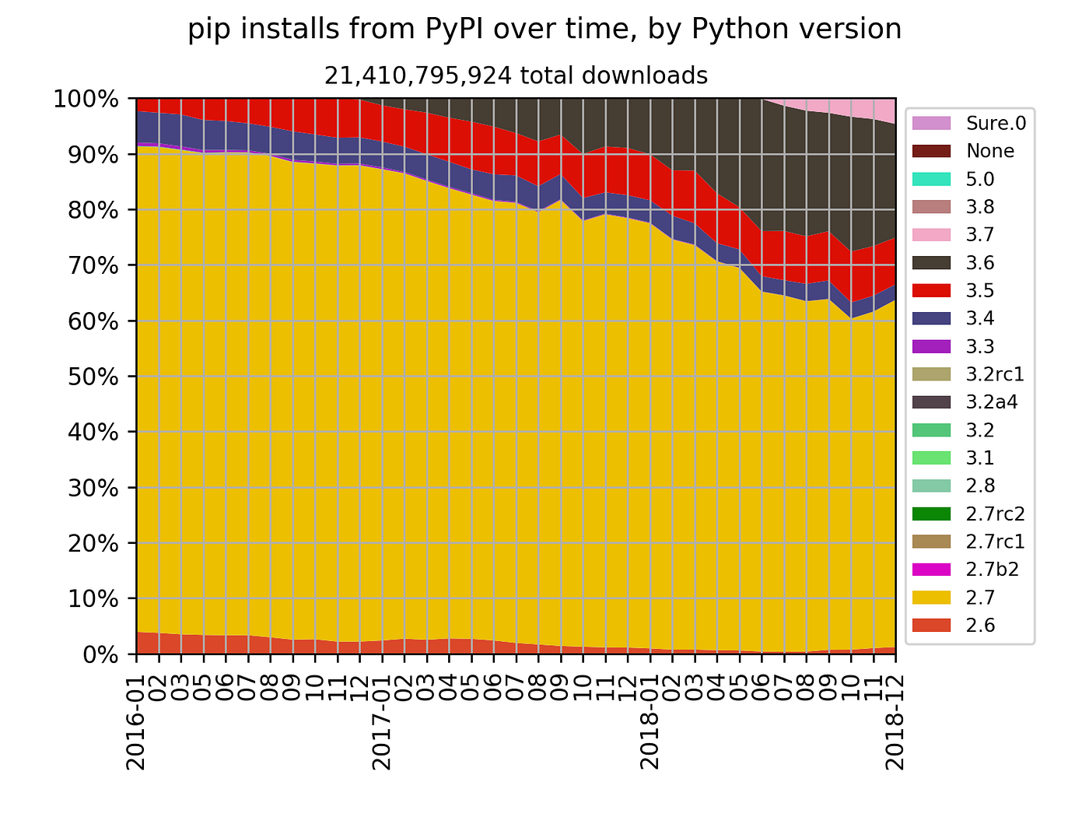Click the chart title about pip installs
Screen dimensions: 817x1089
(544, 30)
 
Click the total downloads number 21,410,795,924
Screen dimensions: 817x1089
(418, 75)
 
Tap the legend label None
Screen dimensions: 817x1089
(990, 151)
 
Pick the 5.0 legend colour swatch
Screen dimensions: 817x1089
(933, 179)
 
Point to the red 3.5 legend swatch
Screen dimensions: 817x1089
(933, 290)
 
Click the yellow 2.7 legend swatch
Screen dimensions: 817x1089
(933, 598)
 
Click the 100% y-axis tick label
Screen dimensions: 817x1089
(86, 99)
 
